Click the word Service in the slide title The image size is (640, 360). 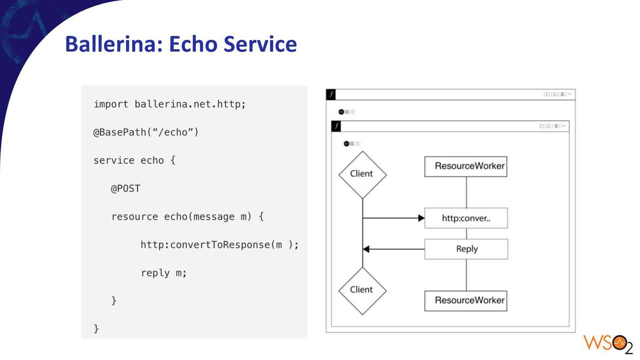click(x=260, y=44)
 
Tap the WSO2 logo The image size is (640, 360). click(x=608, y=344)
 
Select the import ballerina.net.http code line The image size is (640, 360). click(x=170, y=104)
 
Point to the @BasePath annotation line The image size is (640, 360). click(x=146, y=132)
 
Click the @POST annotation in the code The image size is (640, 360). click(x=125, y=188)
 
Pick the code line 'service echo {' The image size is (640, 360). click(x=134, y=160)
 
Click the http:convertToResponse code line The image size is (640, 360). click(x=220, y=245)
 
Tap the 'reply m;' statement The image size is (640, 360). click(x=163, y=273)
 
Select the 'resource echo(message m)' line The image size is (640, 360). click(x=187, y=216)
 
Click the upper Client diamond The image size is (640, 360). click(x=363, y=175)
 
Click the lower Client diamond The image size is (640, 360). click(x=363, y=291)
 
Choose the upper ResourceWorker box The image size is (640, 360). click(x=466, y=166)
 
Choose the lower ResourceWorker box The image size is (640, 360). click(x=466, y=301)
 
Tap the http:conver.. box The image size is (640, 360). click(x=466, y=218)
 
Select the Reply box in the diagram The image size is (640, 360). click(x=466, y=249)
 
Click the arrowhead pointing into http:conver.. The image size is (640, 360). click(x=421, y=218)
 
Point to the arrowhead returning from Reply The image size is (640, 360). click(x=366, y=249)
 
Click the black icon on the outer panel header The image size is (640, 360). click(x=331, y=94)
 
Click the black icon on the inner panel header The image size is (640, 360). click(x=336, y=126)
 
